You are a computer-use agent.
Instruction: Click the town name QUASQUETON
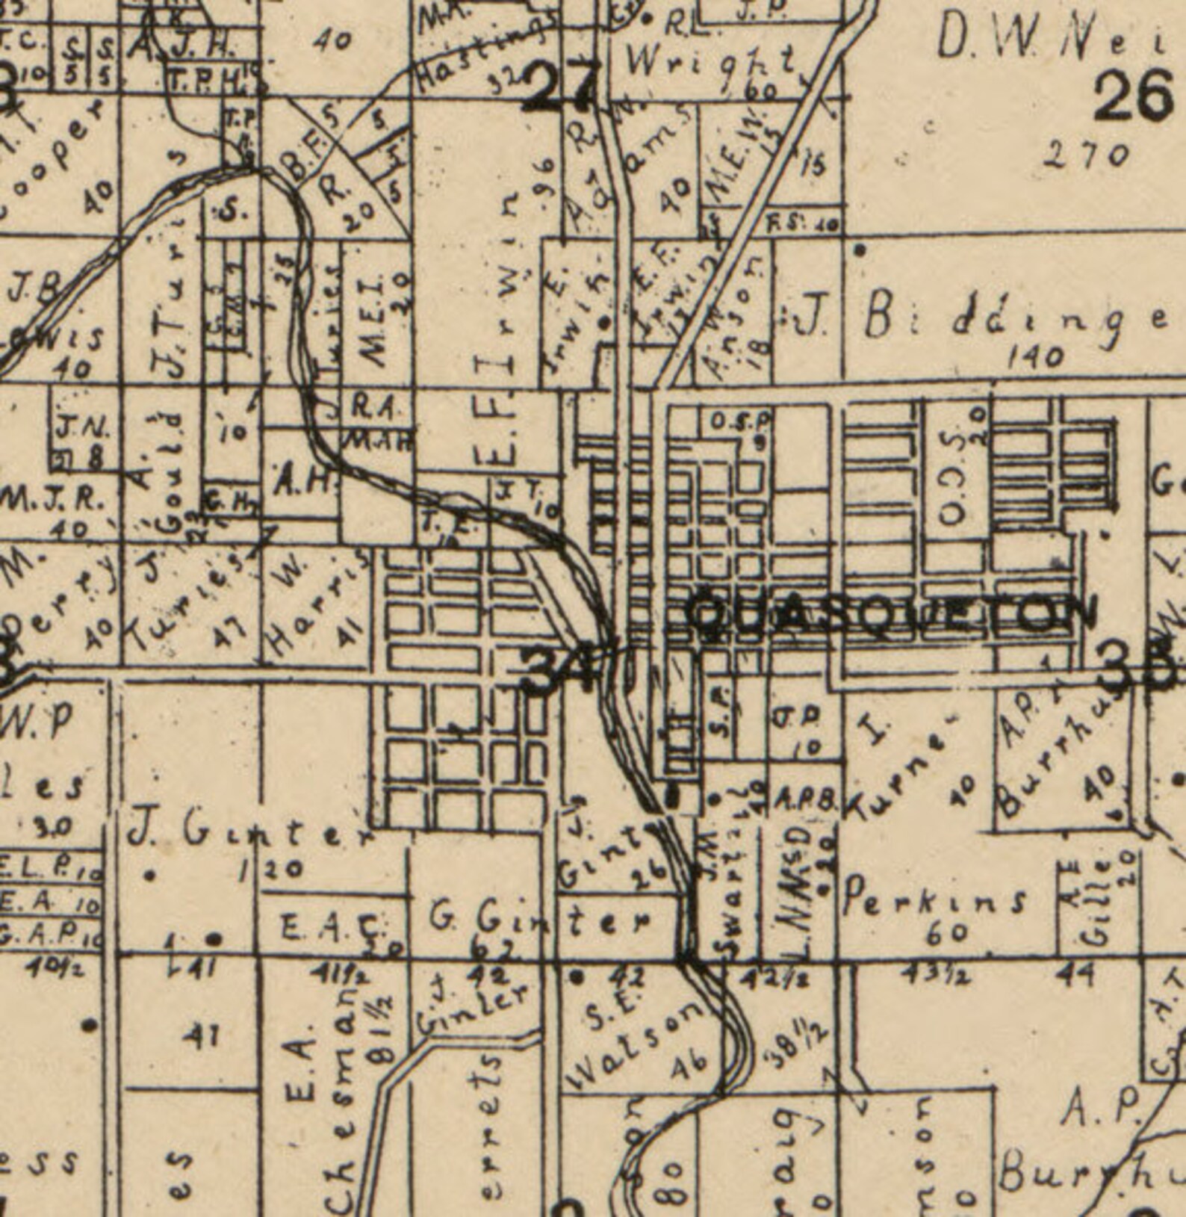[x=892, y=614]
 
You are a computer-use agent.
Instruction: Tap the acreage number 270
[x=1087, y=156]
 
